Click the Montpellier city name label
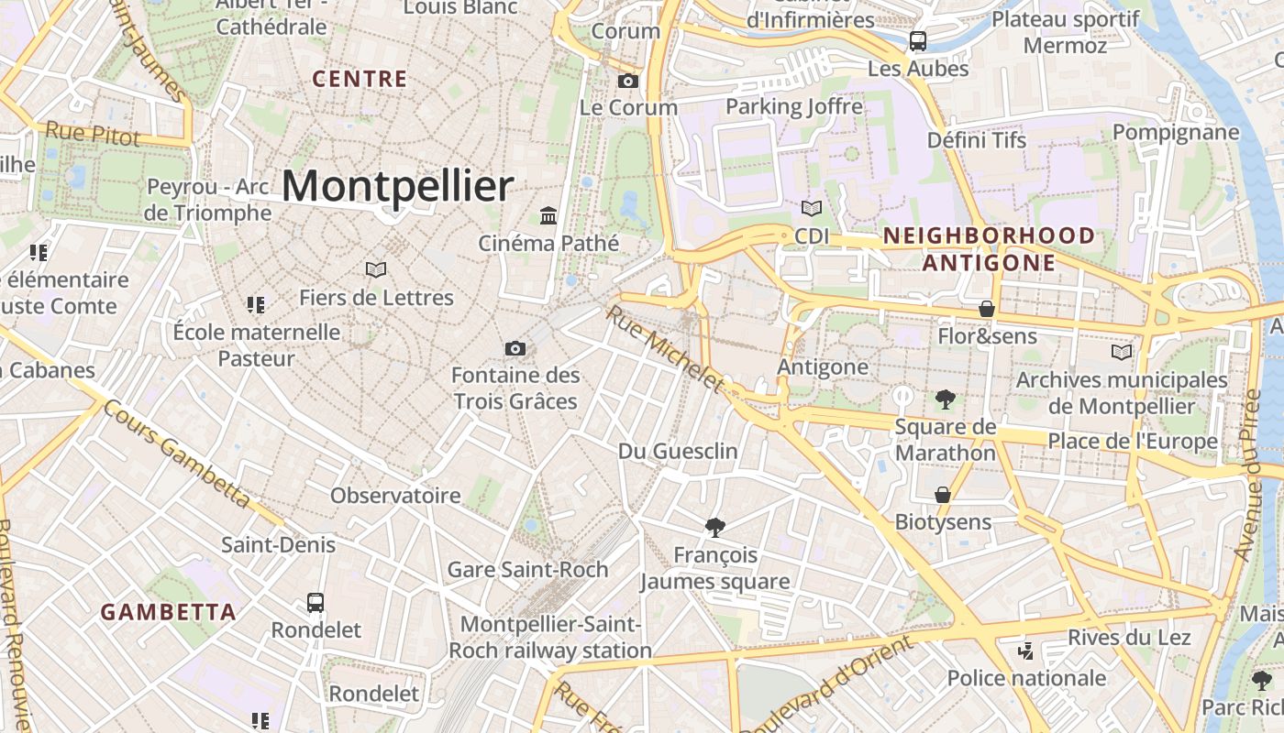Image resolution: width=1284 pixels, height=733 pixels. tap(396, 186)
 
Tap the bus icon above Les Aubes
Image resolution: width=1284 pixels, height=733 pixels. tap(917, 41)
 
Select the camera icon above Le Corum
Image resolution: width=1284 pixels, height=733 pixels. tap(628, 81)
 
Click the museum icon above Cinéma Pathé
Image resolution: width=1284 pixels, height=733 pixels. tap(548, 215)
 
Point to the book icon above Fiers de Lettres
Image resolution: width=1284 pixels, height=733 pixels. tap(376, 269)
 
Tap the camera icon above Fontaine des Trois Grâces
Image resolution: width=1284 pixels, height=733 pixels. tap(515, 348)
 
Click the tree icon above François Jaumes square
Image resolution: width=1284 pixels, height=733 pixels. tap(715, 527)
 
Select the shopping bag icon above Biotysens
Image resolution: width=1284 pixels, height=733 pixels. tap(943, 495)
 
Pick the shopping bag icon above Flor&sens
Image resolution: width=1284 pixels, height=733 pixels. tap(987, 309)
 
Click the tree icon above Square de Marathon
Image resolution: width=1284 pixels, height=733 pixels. tap(945, 399)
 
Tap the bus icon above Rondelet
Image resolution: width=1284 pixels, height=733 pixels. tap(315, 603)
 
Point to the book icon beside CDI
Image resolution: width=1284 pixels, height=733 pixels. tap(811, 209)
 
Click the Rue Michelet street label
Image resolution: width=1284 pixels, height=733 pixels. tap(665, 349)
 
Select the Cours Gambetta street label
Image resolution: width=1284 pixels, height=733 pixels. tap(175, 454)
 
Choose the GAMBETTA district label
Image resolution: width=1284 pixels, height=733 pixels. tap(168, 612)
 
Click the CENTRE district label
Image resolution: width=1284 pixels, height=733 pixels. tap(360, 79)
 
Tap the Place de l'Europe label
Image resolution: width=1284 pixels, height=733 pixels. tap(1133, 442)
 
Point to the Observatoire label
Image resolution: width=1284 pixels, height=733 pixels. tap(395, 496)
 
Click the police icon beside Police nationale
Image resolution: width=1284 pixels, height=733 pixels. tap(1026, 651)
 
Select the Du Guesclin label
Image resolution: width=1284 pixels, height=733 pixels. tap(678, 451)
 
